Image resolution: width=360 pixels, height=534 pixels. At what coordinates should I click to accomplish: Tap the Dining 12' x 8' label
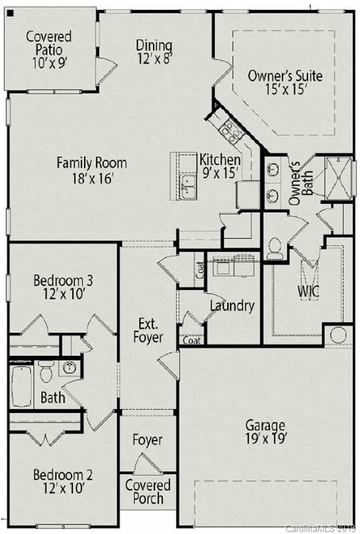coord(154,51)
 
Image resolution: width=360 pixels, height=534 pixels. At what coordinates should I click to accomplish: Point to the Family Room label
coord(92,170)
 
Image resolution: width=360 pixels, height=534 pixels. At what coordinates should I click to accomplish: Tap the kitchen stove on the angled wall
coord(230,128)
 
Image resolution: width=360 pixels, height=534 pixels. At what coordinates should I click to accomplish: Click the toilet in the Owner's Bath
coord(275,248)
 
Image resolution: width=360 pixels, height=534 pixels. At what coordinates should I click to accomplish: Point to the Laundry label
coord(231,305)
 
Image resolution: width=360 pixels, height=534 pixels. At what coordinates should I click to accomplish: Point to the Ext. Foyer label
coord(149,331)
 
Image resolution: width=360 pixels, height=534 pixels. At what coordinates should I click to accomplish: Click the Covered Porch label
coord(148,492)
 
